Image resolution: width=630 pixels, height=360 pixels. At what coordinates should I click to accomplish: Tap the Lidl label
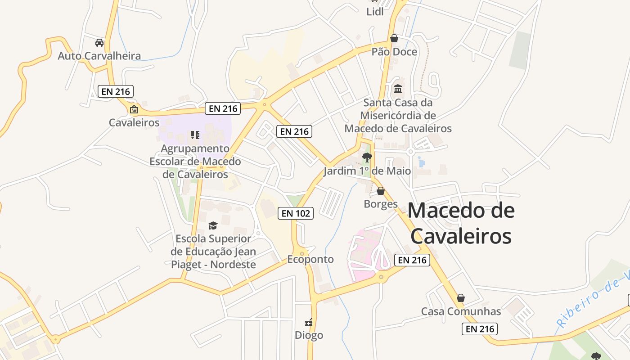coord(375,12)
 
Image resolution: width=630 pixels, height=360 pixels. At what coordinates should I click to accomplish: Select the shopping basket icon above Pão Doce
coord(394,38)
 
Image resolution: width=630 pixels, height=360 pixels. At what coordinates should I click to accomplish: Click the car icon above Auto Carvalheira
coord(99,43)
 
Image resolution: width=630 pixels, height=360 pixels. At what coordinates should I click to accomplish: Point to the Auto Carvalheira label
coord(99,56)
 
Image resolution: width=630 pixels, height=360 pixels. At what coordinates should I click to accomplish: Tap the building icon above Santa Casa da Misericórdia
coord(398,89)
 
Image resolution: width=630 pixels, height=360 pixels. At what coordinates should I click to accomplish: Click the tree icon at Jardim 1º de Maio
coord(367,157)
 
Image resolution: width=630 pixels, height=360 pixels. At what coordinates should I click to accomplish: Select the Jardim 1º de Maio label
coord(367,171)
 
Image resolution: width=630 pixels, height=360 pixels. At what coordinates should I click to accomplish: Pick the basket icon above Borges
coord(381,191)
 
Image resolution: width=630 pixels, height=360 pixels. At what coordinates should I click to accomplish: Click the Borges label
coord(381,204)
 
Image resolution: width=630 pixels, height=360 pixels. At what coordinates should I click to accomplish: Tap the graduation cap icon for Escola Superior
coord(213,225)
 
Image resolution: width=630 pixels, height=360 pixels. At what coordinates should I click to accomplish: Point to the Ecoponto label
coord(310,259)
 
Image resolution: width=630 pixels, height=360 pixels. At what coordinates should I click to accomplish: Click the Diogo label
coord(309,335)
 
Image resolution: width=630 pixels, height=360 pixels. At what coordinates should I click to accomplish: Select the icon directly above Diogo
coord(309,322)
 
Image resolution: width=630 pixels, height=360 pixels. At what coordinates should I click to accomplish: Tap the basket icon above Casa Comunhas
coord(461,298)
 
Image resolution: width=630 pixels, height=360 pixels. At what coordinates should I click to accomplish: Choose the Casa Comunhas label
coord(461,311)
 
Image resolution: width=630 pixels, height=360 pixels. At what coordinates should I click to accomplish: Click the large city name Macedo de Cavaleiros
coord(461,223)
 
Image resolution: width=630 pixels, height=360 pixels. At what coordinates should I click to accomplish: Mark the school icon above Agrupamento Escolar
coord(195,135)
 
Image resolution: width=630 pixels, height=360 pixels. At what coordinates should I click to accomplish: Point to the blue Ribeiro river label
coord(592,297)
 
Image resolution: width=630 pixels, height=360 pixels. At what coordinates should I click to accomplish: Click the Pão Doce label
coord(394,52)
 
